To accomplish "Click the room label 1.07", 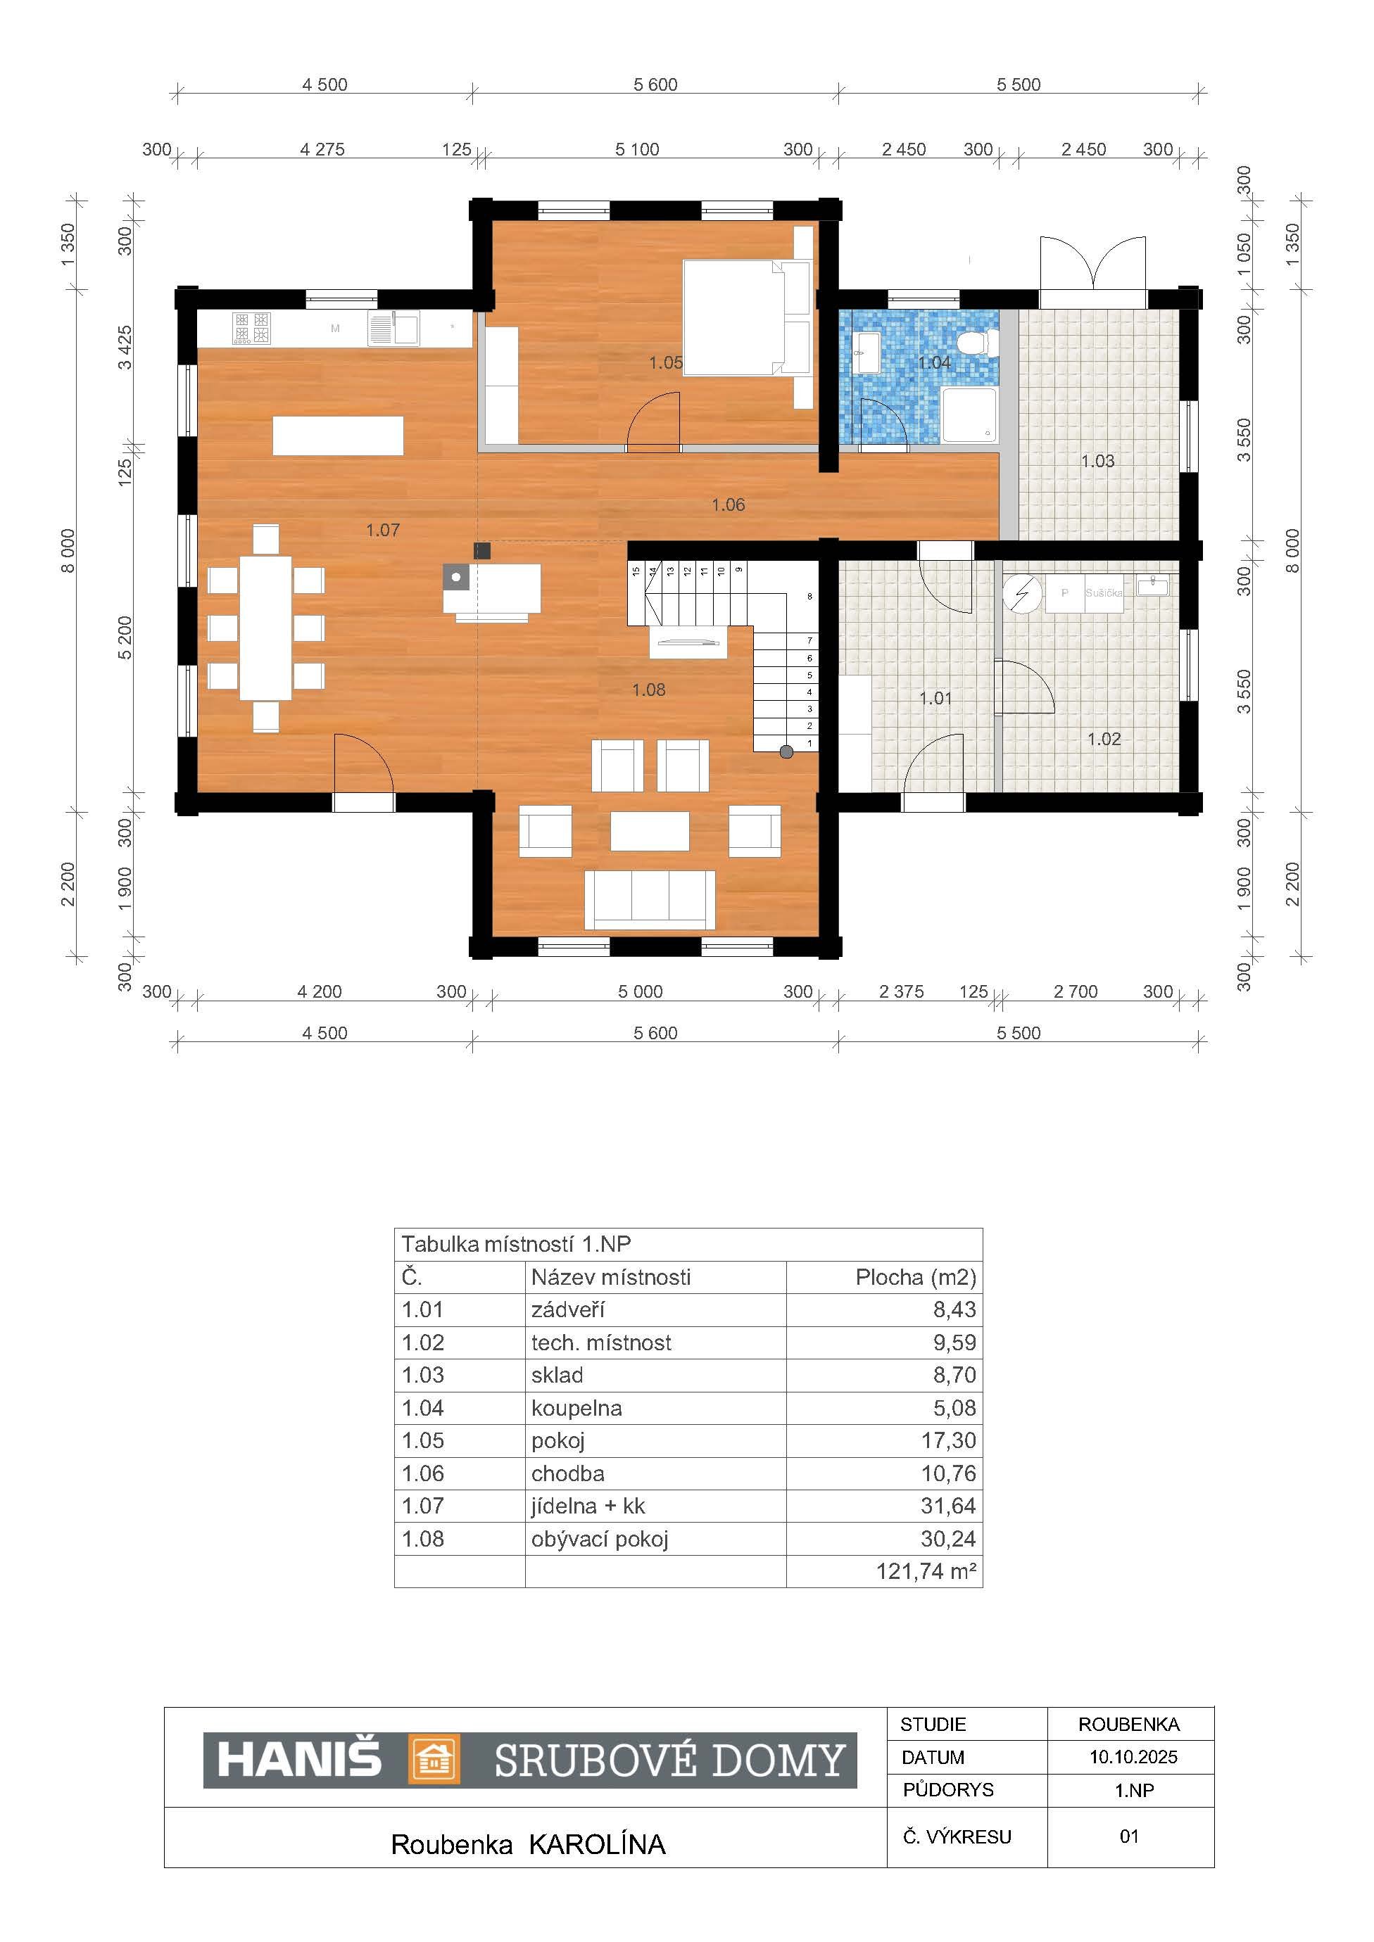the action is [382, 531].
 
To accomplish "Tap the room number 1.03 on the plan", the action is [1097, 461].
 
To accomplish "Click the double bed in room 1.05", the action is [747, 317].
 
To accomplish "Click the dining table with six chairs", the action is [265, 628].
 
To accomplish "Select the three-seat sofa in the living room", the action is [650, 900].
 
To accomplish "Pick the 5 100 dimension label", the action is [637, 150].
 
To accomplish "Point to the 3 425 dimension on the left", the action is [125, 348].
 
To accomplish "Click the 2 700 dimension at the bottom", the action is [1076, 991].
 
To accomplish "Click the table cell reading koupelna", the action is [576, 1408].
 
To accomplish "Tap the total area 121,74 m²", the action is [926, 1571].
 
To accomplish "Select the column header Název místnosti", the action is [611, 1277].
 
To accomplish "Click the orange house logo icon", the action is [434, 1760].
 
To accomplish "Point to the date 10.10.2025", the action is [1133, 1757].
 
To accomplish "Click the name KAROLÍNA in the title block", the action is [598, 1845].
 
